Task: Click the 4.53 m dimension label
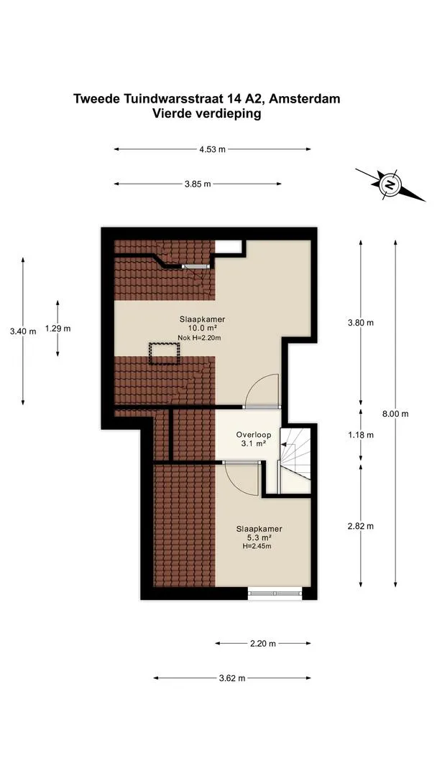(x=212, y=149)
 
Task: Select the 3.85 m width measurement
(x=198, y=184)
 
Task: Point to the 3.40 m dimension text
(x=23, y=332)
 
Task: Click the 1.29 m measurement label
(x=57, y=328)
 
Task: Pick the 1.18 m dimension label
(x=360, y=435)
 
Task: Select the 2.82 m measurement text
(x=360, y=526)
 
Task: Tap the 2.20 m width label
(x=263, y=643)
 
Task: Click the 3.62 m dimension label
(x=232, y=678)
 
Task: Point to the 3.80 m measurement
(x=360, y=323)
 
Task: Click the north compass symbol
(x=390, y=185)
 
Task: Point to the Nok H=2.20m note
(x=198, y=338)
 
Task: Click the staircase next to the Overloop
(x=295, y=460)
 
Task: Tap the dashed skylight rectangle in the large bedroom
(x=165, y=353)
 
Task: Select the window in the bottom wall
(x=275, y=593)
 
